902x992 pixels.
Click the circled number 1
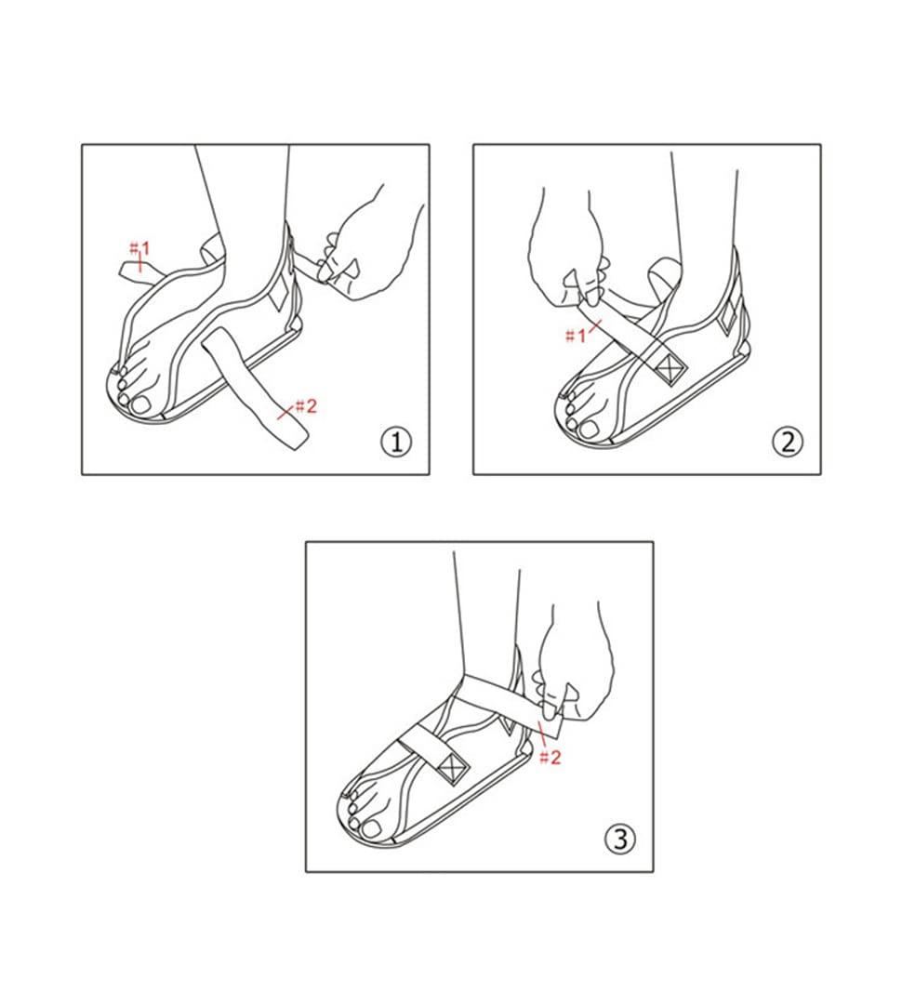[396, 442]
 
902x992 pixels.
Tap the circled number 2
[788, 442]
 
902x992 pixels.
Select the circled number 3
[620, 840]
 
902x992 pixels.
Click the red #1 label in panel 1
[139, 249]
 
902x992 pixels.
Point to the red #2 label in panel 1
[306, 405]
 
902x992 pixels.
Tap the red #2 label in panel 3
[550, 757]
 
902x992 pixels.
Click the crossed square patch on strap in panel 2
[668, 370]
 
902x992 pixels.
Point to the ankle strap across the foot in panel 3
[484, 697]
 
